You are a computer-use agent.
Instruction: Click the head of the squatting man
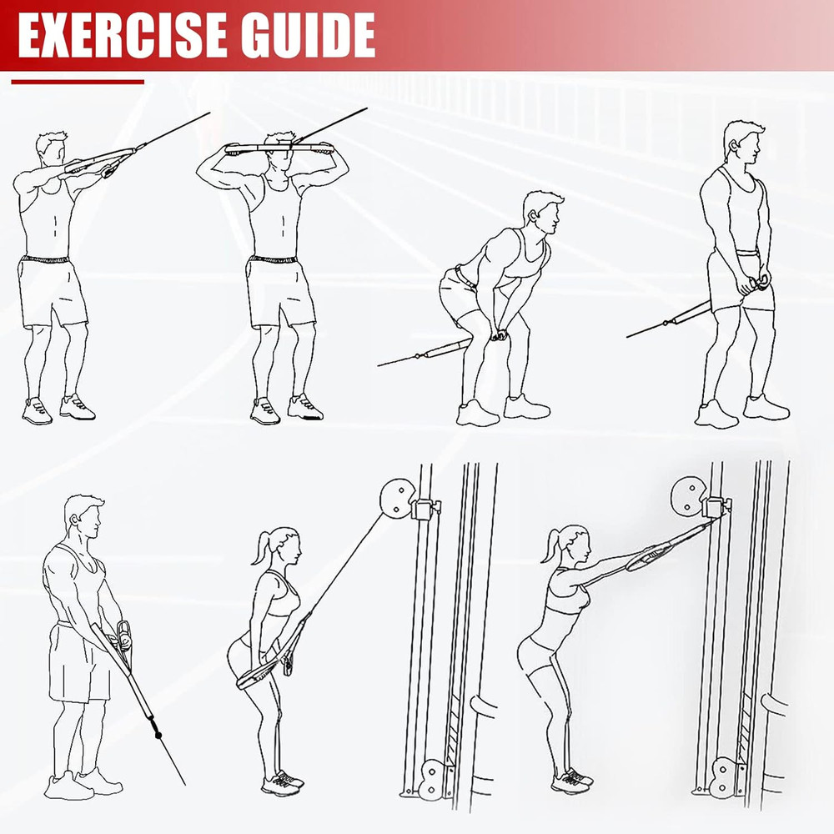coord(543,213)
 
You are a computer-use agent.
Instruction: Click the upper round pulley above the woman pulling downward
coord(397,499)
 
